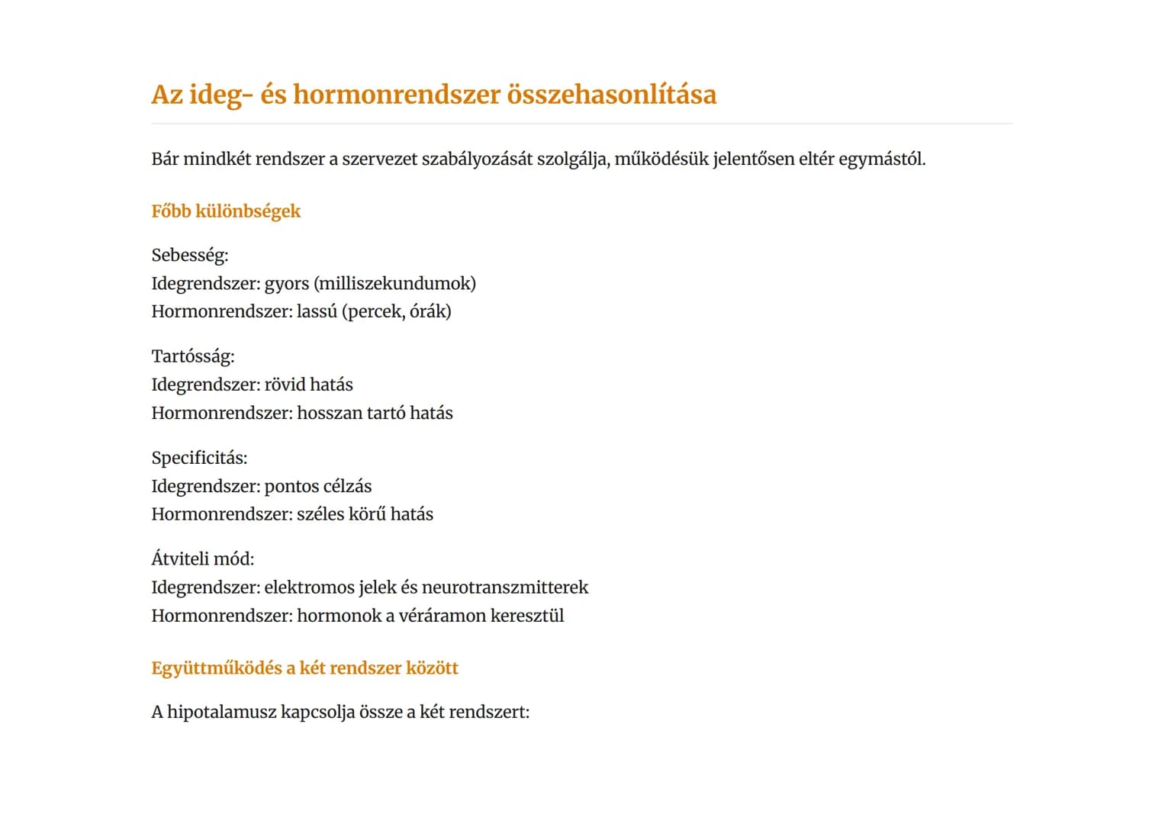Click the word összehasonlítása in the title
point(611,95)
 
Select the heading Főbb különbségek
point(226,211)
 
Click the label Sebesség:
point(190,256)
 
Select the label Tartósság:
point(193,356)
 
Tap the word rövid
point(285,385)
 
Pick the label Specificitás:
point(199,458)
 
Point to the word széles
point(320,514)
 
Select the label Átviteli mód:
point(203,559)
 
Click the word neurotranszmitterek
point(505,587)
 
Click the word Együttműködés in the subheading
point(217,668)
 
